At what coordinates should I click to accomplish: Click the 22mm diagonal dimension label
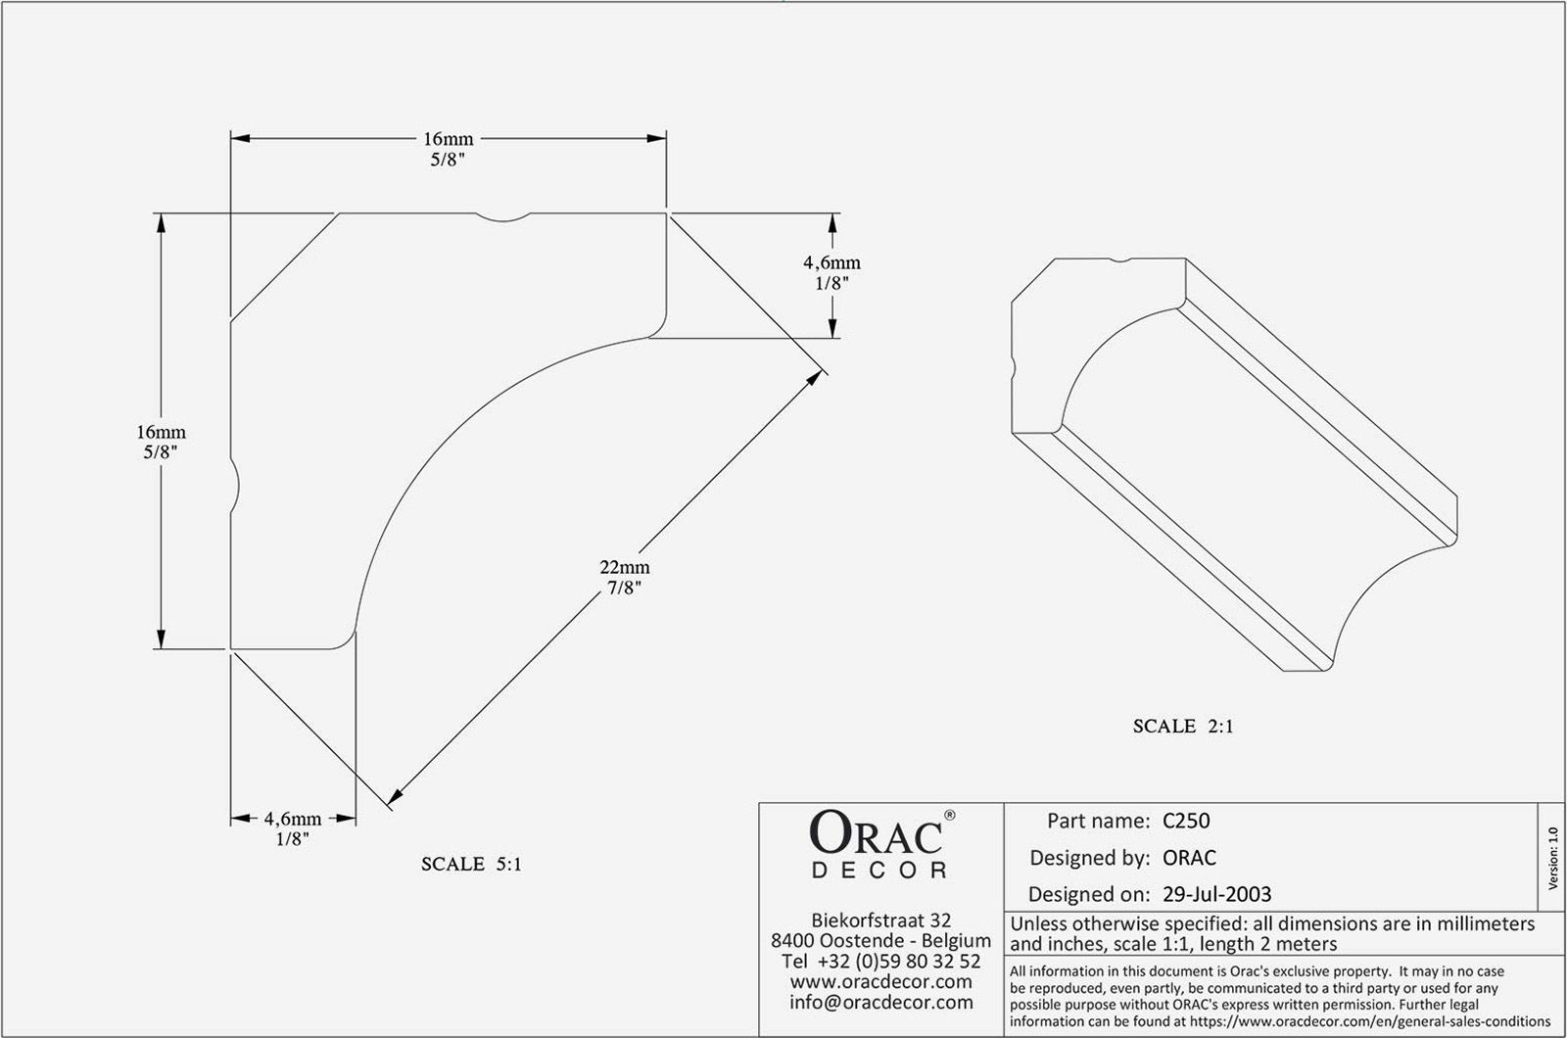click(625, 567)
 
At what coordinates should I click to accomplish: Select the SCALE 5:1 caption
click(471, 865)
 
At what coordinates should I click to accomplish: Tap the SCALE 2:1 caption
click(1183, 727)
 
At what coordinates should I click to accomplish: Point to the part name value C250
click(1186, 821)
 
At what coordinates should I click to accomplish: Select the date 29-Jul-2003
click(1216, 894)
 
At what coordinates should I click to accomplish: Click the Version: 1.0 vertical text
click(1552, 858)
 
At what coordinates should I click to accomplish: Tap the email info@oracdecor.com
click(881, 1003)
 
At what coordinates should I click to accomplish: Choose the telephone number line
click(881, 962)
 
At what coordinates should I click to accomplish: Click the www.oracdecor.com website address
click(881, 982)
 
